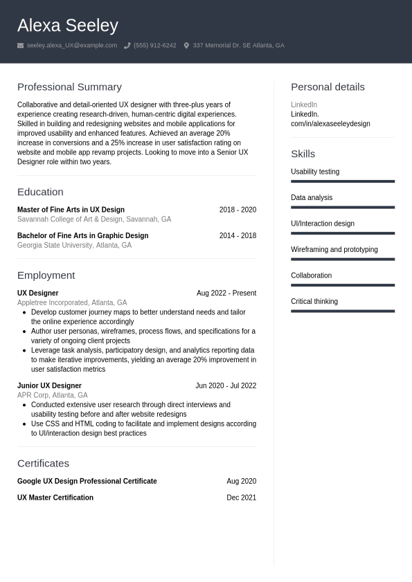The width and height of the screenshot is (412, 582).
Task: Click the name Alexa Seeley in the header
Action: tap(68, 26)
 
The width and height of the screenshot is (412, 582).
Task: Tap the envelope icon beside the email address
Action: tap(21, 46)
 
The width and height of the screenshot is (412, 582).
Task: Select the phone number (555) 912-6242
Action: tap(154, 46)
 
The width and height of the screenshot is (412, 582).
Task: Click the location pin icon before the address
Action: tap(186, 46)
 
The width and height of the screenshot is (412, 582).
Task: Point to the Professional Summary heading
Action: tap(69, 87)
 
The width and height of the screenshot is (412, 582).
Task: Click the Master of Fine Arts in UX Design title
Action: tap(71, 210)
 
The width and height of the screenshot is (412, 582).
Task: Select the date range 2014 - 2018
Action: tap(238, 236)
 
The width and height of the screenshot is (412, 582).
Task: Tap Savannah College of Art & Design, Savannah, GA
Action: tap(94, 219)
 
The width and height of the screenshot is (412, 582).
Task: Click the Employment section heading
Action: tap(46, 275)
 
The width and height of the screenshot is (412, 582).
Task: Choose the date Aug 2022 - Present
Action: tap(226, 293)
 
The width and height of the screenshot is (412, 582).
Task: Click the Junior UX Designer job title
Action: tap(49, 386)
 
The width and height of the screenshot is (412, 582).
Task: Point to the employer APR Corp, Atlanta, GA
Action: tap(52, 395)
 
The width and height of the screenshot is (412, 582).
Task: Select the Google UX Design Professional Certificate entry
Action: tap(87, 482)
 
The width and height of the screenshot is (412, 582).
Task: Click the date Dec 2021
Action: tap(241, 498)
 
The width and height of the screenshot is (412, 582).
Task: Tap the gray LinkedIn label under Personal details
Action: tap(304, 105)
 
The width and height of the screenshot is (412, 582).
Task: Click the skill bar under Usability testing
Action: tap(343, 181)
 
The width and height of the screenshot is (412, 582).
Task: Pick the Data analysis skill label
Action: tap(312, 198)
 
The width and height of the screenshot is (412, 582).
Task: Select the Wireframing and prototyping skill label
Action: tap(334, 250)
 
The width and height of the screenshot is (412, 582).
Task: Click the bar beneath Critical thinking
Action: tap(343, 311)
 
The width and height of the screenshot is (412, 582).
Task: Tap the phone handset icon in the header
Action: tap(127, 46)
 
